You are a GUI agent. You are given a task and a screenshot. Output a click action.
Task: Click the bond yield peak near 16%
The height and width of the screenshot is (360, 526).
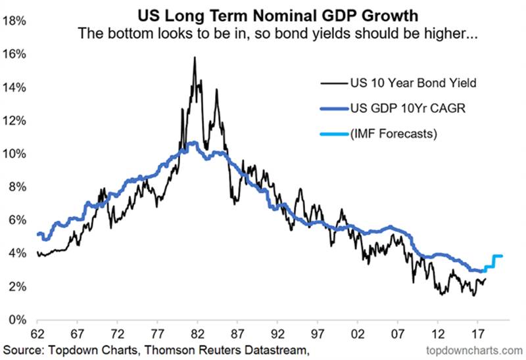tap(195, 58)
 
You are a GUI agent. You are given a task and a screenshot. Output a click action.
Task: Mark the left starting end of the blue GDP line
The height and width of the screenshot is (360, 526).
tap(38, 234)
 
